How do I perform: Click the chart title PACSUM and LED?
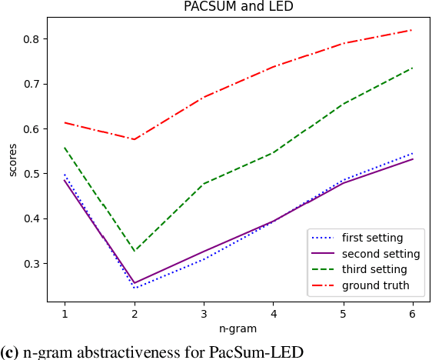coord(238,7)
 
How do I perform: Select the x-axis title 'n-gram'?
coord(238,328)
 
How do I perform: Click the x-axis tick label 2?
coord(135,315)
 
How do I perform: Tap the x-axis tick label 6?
coord(413,315)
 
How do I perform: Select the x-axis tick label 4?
coord(274,315)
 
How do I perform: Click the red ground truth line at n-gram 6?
coord(413,30)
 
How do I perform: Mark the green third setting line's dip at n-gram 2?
coord(135,252)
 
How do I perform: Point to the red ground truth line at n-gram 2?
coord(135,139)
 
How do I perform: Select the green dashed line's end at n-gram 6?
coord(413,68)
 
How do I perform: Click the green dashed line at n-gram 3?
coord(204,184)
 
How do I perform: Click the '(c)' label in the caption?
coord(10,352)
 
